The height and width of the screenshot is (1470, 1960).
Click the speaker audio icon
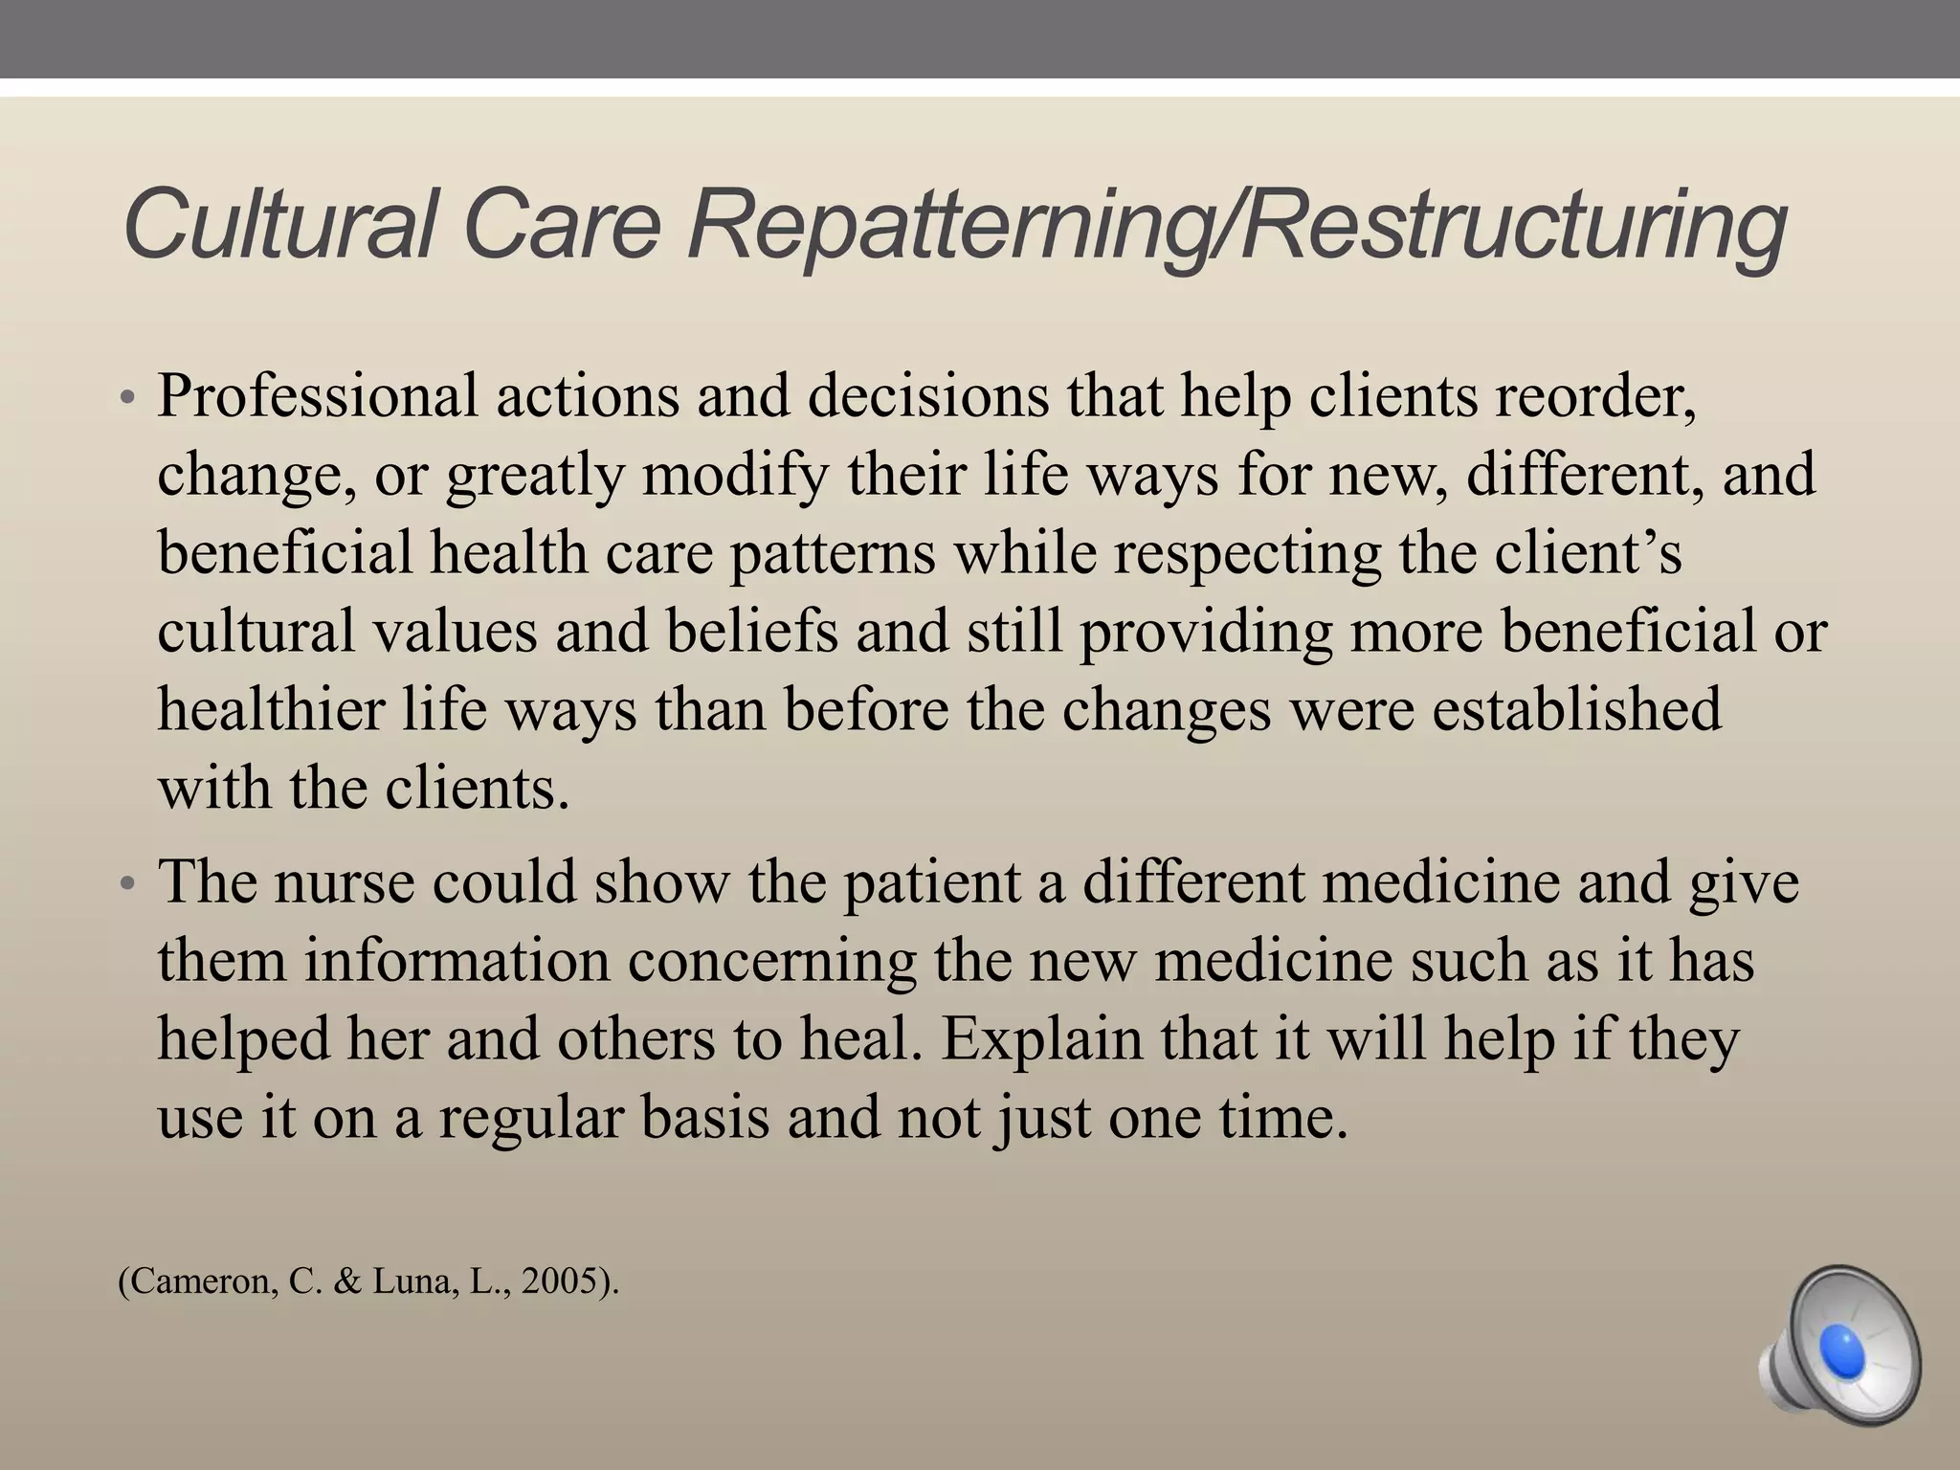click(x=1839, y=1348)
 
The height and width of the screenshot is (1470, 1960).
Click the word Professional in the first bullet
click(x=317, y=395)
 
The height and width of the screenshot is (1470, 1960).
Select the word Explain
click(x=1041, y=1039)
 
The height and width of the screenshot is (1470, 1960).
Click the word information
click(x=457, y=961)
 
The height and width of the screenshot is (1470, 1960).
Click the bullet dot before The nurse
click(x=128, y=884)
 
